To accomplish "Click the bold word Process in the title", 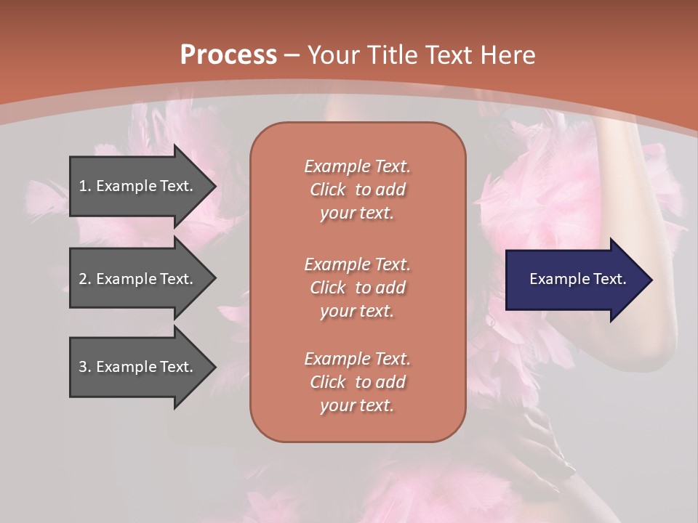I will click(x=228, y=55).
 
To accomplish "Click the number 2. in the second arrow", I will click(x=85, y=279).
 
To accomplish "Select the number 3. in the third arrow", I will click(x=85, y=367).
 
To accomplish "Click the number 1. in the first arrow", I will click(x=85, y=186).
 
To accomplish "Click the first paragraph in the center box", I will click(x=357, y=190).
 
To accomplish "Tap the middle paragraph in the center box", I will click(x=357, y=288).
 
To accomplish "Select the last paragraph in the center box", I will click(x=357, y=382).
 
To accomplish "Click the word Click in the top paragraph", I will click(x=328, y=190).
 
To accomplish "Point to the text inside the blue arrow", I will click(x=577, y=279).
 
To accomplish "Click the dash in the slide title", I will click(x=292, y=55).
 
